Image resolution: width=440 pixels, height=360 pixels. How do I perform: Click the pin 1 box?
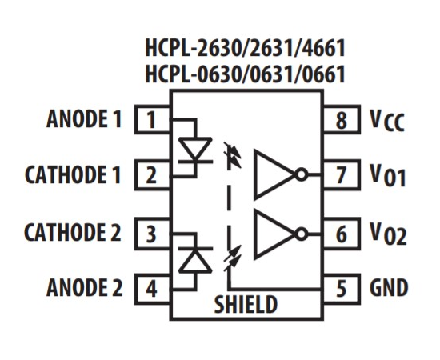[152, 119]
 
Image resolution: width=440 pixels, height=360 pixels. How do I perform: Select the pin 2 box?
[152, 175]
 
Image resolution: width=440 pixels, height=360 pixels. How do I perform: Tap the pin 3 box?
[152, 234]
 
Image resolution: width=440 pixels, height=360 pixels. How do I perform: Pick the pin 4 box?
[152, 290]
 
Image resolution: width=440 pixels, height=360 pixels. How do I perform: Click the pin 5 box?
[342, 290]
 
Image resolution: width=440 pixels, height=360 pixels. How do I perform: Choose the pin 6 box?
[342, 234]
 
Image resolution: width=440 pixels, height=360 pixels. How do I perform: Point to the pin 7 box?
[342, 175]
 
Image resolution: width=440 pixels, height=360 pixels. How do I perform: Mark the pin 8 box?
[342, 119]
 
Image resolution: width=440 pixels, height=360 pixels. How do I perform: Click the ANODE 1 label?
[84, 118]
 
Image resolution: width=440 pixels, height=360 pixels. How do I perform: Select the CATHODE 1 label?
[73, 174]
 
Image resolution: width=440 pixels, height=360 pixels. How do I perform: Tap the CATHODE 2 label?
[73, 232]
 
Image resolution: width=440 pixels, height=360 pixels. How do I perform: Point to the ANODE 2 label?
[85, 287]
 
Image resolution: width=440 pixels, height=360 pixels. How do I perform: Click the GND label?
[389, 287]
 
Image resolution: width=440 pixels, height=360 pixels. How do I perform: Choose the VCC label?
[387, 121]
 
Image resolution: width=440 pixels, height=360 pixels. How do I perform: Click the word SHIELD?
[246, 304]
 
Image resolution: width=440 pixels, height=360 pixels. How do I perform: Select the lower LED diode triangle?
[195, 260]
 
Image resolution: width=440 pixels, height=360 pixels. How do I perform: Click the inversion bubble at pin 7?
[302, 174]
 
